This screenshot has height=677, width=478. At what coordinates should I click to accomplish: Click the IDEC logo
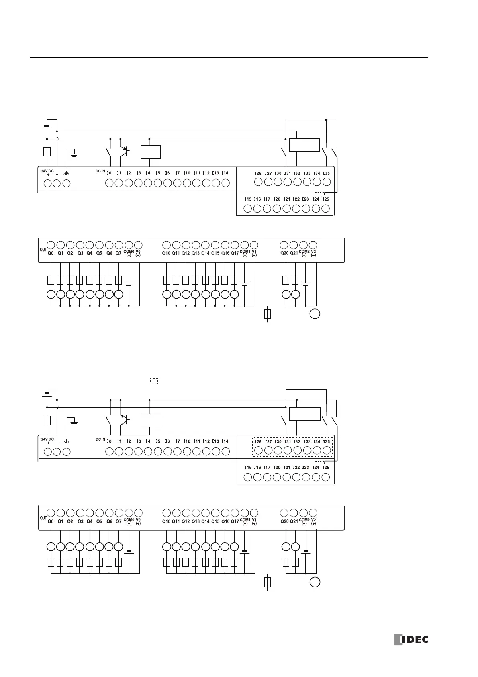411,639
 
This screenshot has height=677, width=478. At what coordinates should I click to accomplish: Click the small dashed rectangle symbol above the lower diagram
154,381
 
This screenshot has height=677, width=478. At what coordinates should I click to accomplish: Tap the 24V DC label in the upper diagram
47,171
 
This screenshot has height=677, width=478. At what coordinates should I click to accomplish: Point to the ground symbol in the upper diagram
74,152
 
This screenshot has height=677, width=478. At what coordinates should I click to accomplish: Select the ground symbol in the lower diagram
74,421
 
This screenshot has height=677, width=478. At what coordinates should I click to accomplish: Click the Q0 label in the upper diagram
51,254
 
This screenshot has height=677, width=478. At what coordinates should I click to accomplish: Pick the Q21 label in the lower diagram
294,521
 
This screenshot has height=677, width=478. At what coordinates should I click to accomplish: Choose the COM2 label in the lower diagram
304,520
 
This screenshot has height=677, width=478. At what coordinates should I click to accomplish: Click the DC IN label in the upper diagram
100,171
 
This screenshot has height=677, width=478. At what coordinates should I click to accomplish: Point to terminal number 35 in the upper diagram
327,173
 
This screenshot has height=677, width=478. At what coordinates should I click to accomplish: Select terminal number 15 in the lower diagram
248,468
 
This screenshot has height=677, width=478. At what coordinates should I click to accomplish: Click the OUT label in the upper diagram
43,250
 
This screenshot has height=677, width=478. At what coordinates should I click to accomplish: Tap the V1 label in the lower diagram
254,520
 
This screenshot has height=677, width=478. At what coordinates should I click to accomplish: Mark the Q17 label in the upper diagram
235,254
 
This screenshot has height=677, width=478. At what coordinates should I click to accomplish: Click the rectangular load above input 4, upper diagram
151,152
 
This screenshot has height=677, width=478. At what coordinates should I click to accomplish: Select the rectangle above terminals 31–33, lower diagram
304,413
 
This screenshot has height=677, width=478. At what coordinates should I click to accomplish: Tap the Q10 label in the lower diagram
166,521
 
